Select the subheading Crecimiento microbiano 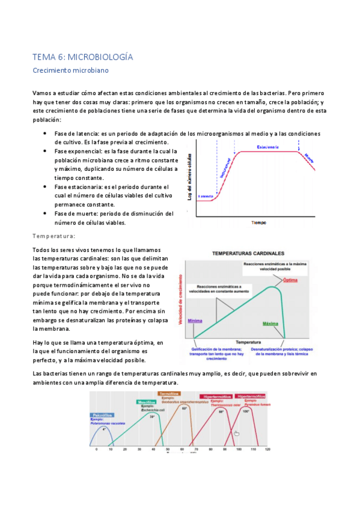70,70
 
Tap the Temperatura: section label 53,236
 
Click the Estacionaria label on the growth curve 267,147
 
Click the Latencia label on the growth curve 206,196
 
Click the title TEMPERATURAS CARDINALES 247,253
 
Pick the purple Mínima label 195,321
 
